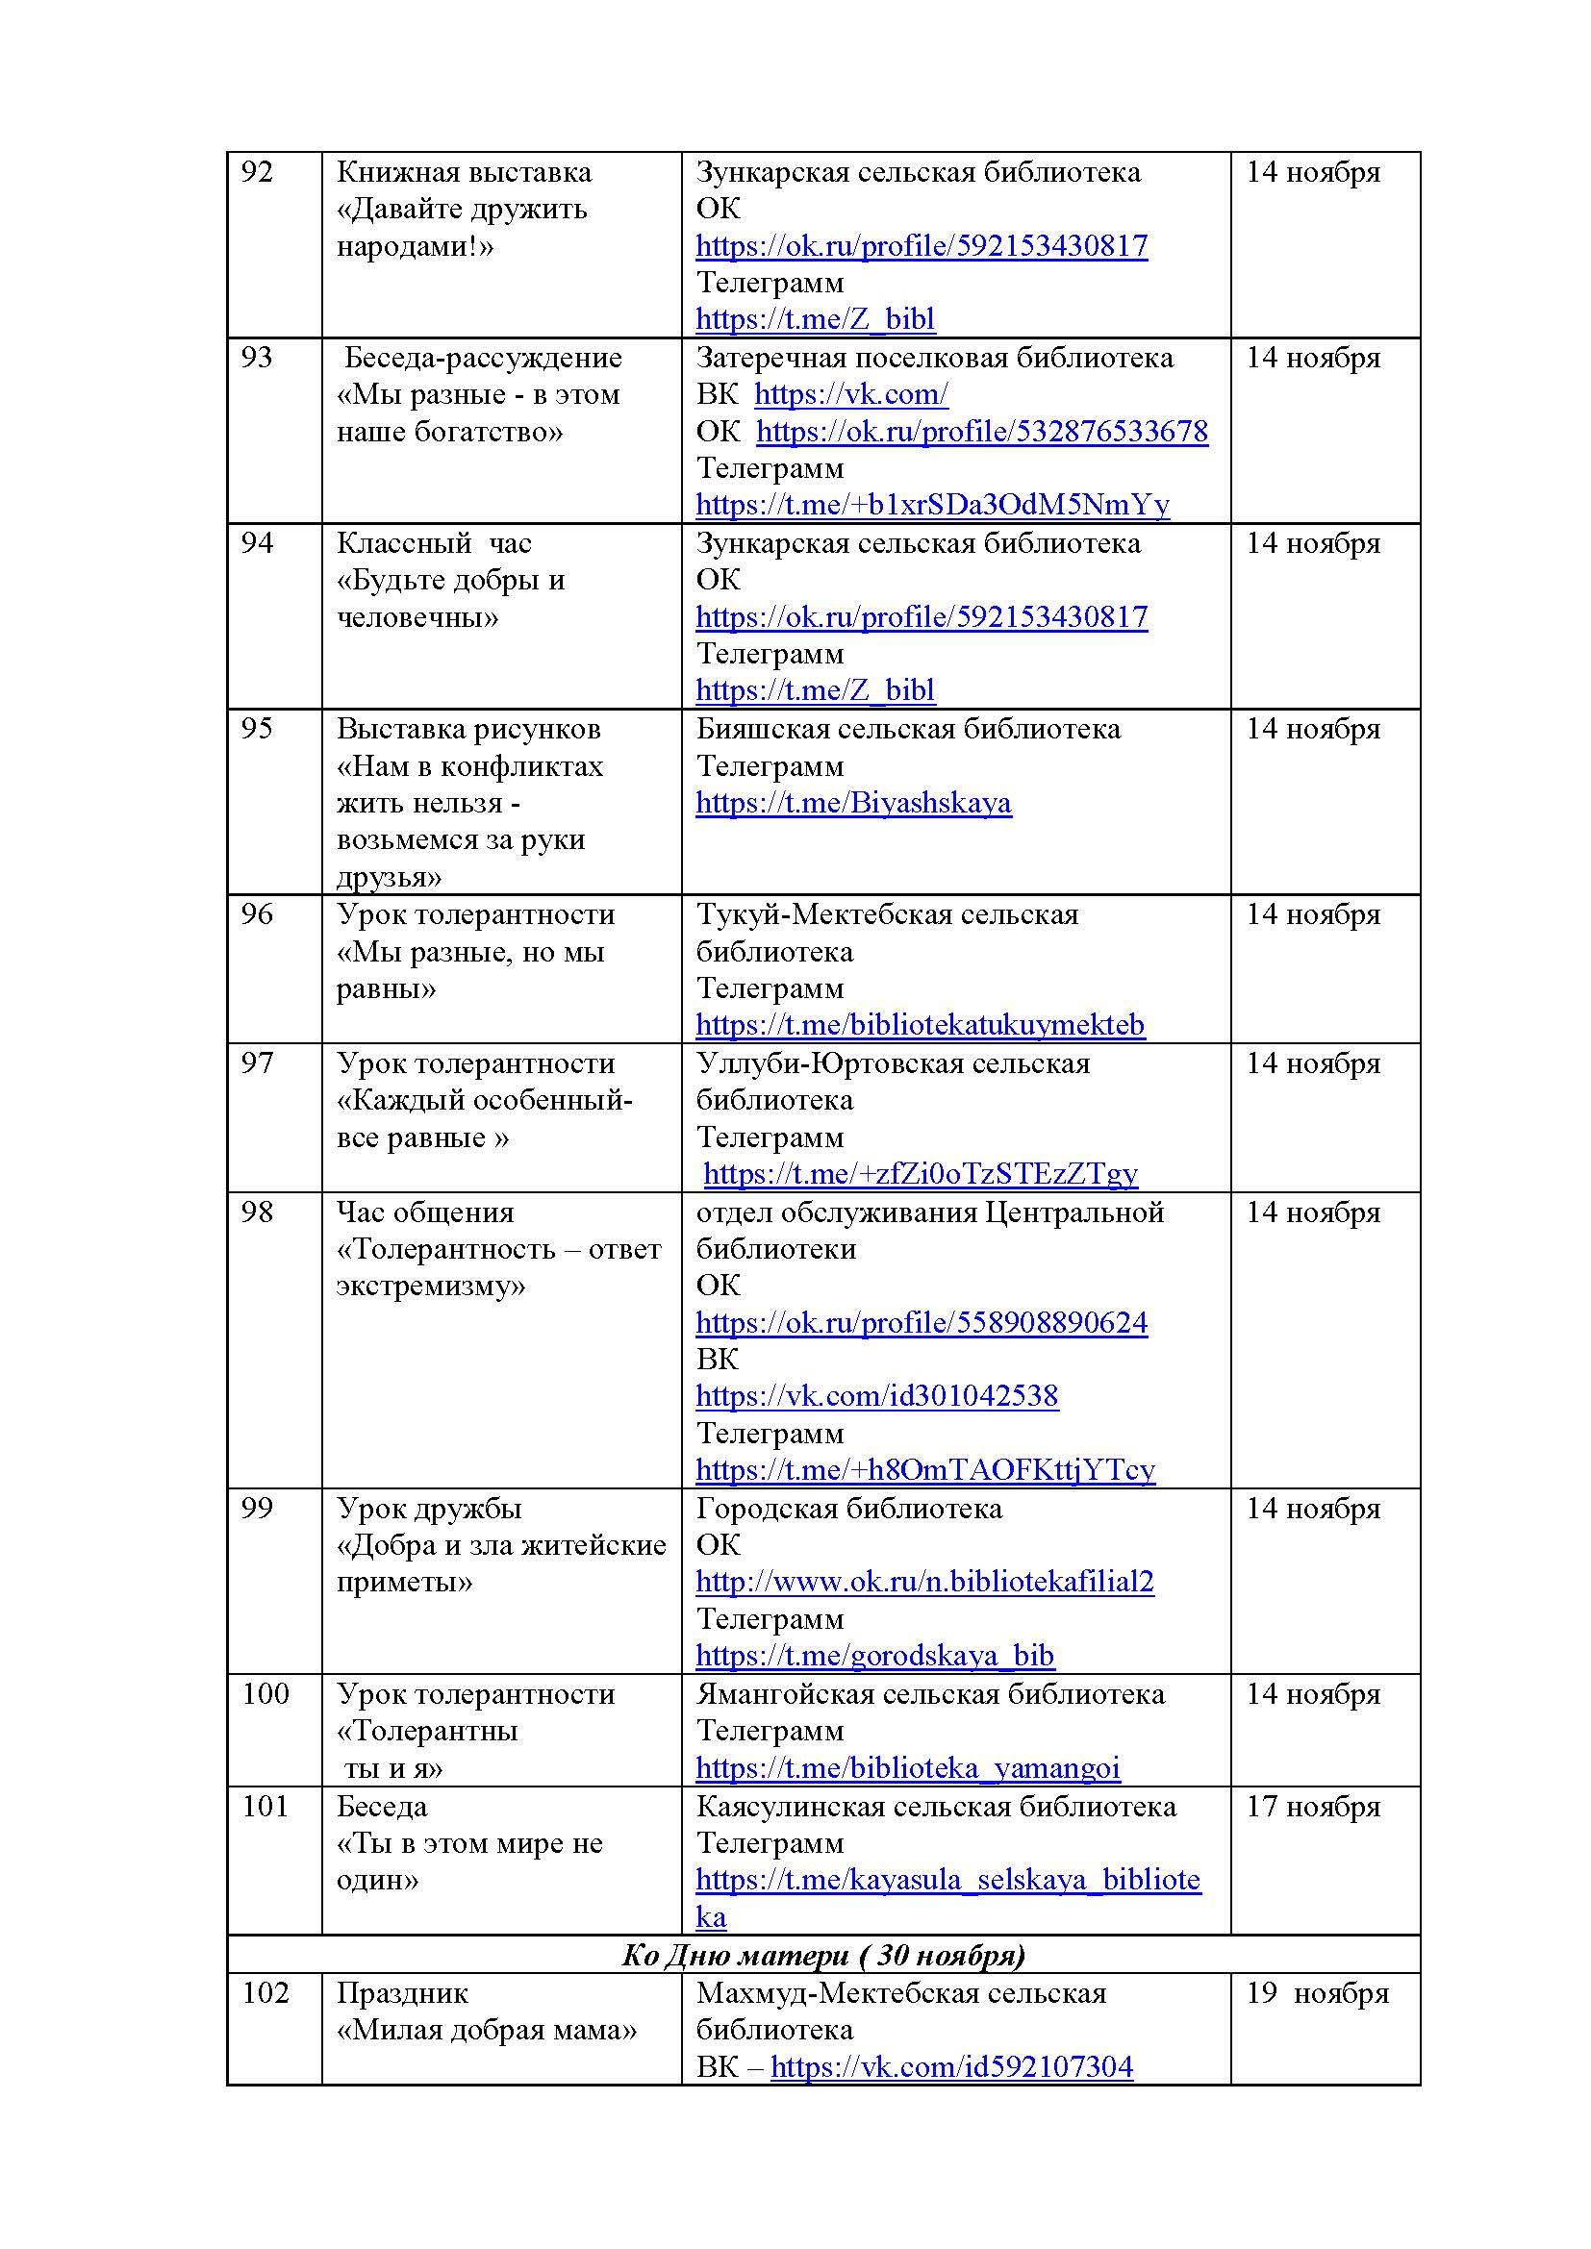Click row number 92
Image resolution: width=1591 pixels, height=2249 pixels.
pyautogui.click(x=257, y=172)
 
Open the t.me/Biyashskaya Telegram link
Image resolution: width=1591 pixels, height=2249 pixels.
pyautogui.click(x=852, y=803)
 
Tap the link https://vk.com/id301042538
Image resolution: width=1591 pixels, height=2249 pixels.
pyautogui.click(x=877, y=1396)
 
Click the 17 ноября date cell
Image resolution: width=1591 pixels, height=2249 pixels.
pyautogui.click(x=1313, y=1807)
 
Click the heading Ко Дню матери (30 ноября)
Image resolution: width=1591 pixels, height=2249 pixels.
pyautogui.click(x=823, y=1955)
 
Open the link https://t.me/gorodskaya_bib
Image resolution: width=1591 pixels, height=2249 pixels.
pyautogui.click(x=873, y=1656)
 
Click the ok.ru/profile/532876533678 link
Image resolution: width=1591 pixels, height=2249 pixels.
pyautogui.click(x=982, y=432)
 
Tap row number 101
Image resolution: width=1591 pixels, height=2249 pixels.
pyautogui.click(x=265, y=1807)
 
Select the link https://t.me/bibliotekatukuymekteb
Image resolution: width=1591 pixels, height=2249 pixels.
pyautogui.click(x=920, y=1025)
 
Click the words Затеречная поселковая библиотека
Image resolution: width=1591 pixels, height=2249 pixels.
pyautogui.click(x=935, y=358)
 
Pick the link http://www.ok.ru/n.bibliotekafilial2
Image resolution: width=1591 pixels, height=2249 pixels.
pyautogui.click(x=924, y=1582)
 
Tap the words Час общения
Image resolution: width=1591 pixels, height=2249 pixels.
pyautogui.click(x=425, y=1212)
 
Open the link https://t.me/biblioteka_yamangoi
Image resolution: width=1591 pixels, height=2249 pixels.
pyautogui.click(x=907, y=1768)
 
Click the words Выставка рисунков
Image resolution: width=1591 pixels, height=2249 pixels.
pyautogui.click(x=468, y=729)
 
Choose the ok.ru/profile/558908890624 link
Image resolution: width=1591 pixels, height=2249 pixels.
pyautogui.click(x=921, y=1323)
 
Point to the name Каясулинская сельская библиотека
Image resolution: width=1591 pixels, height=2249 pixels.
pyautogui.click(x=936, y=1807)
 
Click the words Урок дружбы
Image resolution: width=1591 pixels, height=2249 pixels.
pyautogui.click(x=429, y=1509)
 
